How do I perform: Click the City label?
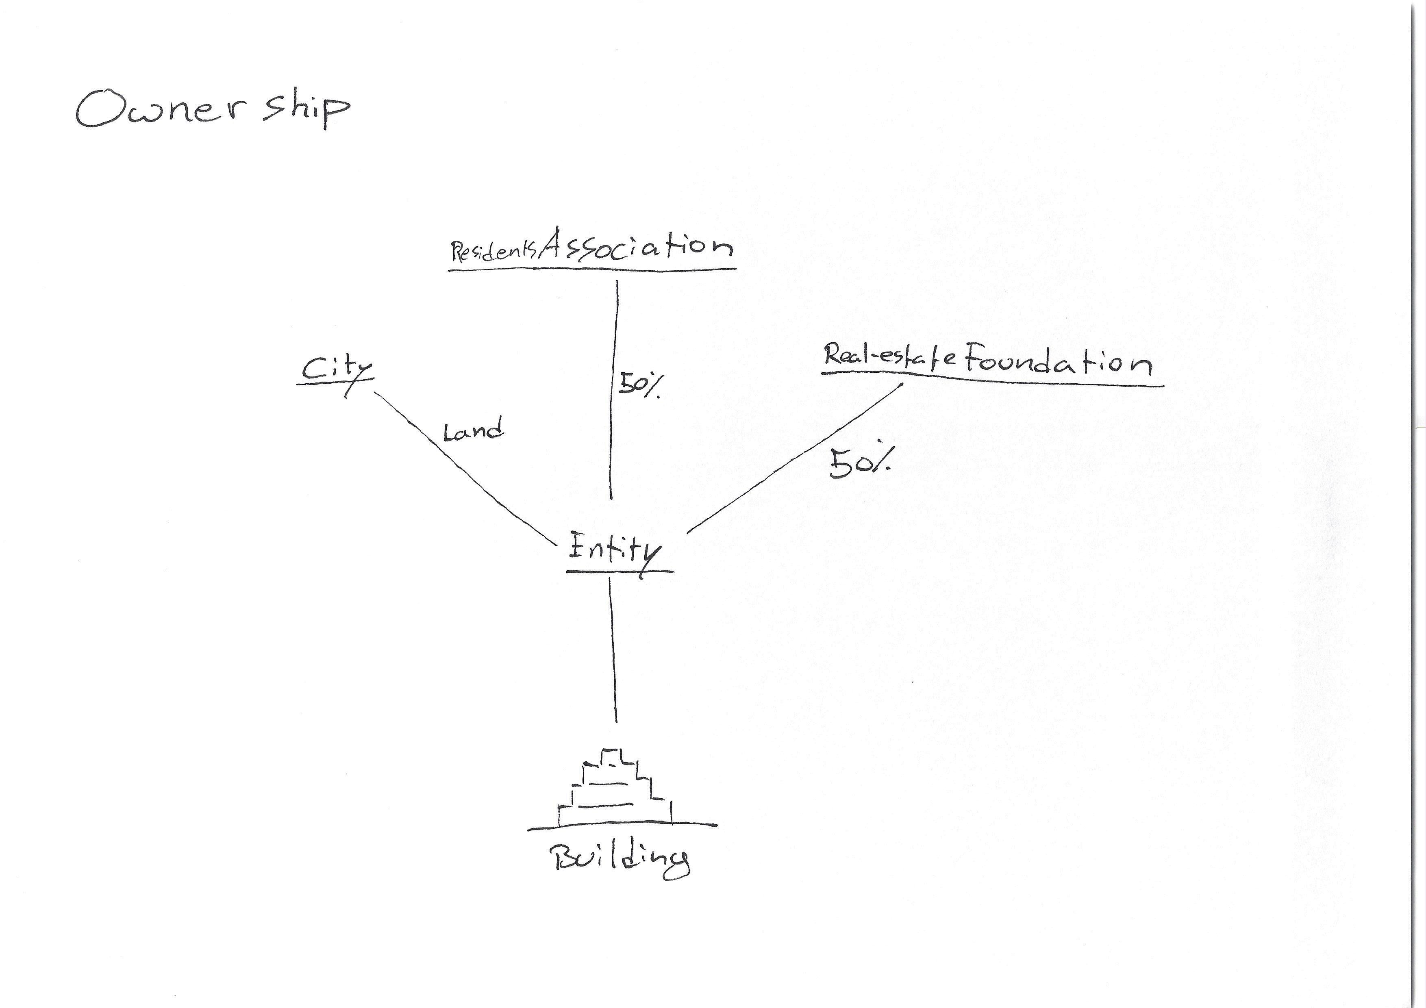(x=335, y=371)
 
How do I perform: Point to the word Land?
(x=473, y=431)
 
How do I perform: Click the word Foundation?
(x=1057, y=361)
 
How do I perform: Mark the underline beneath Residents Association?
(x=592, y=269)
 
